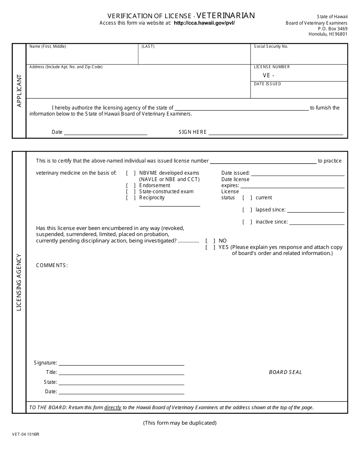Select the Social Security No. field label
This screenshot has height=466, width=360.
tap(271, 47)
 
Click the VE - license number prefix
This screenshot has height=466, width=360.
tap(268, 75)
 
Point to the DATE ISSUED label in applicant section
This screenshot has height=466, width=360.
tap(268, 84)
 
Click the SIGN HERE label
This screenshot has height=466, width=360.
tap(193, 132)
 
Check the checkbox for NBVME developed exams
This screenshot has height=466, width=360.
tap(131, 173)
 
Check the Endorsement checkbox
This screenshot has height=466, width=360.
tap(131, 186)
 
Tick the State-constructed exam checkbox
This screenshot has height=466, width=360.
tap(131, 192)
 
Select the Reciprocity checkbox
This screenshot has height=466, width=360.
tap(131, 198)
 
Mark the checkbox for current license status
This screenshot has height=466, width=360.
tap(247, 198)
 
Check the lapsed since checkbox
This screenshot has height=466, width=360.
tap(247, 210)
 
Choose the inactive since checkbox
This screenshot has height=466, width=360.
tap(247, 222)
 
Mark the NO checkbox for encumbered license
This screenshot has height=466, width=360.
tap(210, 241)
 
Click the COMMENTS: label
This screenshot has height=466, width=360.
tap(52, 266)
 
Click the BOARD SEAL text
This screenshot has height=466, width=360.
tap(285, 372)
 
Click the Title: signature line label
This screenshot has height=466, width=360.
tap(52, 372)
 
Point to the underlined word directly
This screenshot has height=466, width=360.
tap(113, 408)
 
